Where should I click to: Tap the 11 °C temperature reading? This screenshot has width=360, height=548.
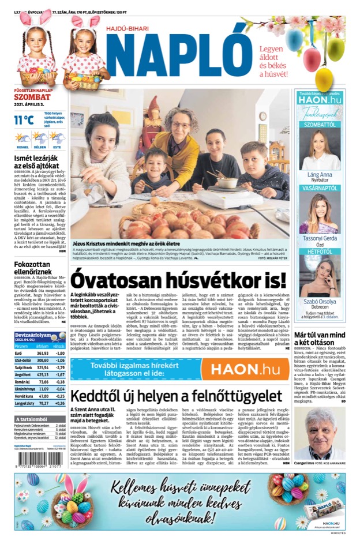[24, 121]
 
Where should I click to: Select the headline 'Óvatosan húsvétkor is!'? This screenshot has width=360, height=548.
[178, 280]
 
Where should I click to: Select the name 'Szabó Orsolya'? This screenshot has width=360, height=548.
[320, 301]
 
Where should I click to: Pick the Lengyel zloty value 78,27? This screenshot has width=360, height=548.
[42, 403]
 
